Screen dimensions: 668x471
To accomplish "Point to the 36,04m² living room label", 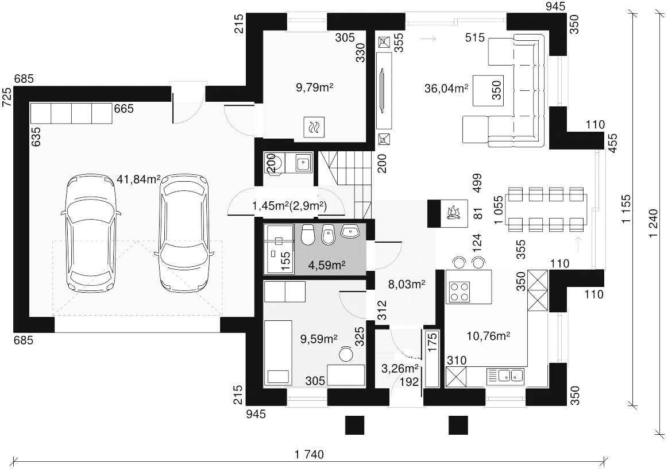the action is pos(446,88).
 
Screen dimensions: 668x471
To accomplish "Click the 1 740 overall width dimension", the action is pos(309,454).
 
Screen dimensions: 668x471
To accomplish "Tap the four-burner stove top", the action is pos(458,292).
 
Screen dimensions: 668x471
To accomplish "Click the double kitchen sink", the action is pos(511,375).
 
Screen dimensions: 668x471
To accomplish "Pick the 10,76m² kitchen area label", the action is pos(489,336).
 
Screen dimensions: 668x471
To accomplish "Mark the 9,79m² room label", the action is pos(314,88).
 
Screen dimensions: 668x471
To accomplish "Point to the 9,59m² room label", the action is pos(319,339).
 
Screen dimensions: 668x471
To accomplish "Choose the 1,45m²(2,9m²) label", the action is pos(289,206).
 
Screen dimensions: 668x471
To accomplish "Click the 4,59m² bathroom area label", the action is pos(327,265).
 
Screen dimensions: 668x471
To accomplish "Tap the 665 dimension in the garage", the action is pos(123,109).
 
